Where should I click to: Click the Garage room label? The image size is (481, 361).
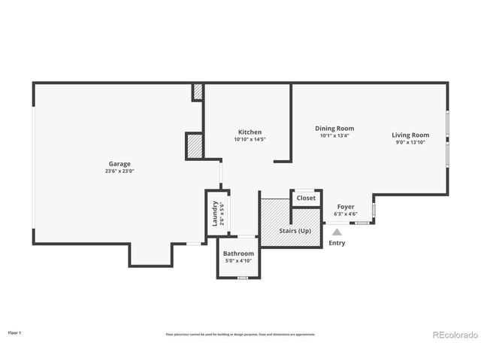pos(119,164)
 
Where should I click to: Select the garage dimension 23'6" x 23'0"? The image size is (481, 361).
pos(119,171)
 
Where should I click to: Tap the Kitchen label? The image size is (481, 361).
pos(250,132)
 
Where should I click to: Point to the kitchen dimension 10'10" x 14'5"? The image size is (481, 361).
pos(250,139)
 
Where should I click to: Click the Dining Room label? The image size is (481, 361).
pos(334,129)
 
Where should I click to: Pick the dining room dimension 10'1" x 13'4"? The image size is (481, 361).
pos(334,135)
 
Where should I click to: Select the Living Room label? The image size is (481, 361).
pos(410,135)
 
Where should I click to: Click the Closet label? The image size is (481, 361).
pos(306,198)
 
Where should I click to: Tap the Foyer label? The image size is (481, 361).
pos(345,207)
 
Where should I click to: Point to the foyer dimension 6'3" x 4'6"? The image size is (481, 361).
pos(345,214)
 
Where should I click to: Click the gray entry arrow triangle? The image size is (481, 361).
pos(337,233)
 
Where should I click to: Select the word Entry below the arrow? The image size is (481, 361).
pos(337,243)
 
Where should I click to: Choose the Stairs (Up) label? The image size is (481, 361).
pos(295,231)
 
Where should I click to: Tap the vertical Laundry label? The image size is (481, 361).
pos(214,213)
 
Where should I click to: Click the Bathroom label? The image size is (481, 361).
pos(238,254)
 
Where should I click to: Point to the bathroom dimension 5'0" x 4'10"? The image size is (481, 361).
pos(238,261)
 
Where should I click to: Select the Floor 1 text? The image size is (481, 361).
pos(15,332)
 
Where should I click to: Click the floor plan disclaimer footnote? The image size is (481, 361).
pos(240,334)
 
